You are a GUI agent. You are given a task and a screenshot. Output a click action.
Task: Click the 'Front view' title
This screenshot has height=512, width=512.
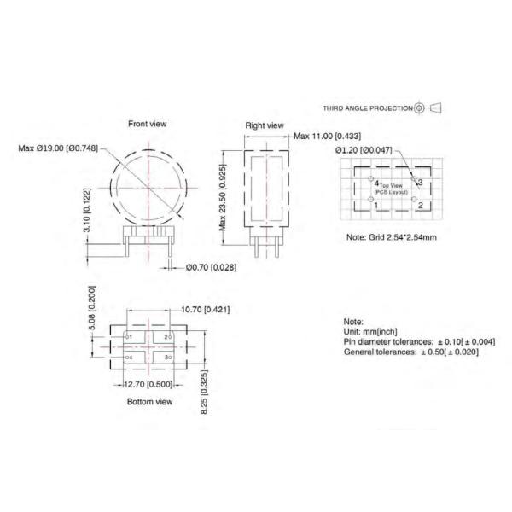(x=147, y=124)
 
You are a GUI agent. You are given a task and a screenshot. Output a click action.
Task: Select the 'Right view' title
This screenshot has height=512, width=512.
(x=265, y=125)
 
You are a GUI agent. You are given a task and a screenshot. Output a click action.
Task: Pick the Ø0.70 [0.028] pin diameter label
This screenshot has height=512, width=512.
(x=210, y=267)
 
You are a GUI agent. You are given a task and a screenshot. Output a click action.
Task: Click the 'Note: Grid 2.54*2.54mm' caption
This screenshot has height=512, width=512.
(x=391, y=236)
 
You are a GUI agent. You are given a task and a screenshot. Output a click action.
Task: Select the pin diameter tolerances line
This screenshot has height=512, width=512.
(x=418, y=341)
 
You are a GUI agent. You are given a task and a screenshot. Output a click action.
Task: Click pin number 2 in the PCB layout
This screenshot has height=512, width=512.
(x=420, y=206)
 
